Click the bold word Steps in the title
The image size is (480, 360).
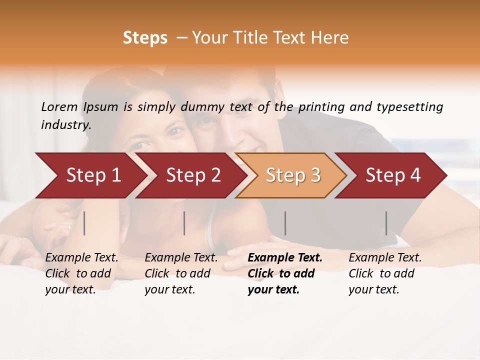pos(145,38)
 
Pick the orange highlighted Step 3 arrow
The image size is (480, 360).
pos(293,175)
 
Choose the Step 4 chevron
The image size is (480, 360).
pos(393,175)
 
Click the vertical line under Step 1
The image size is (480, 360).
pos(84,223)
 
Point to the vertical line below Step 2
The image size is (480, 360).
pos(184,223)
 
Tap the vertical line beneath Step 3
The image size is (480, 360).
pos(285,223)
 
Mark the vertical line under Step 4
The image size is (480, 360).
pos(386,223)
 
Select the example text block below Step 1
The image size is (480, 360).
pos(81,273)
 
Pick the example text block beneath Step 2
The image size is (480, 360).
pos(181,273)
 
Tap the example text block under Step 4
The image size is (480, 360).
pos(385,273)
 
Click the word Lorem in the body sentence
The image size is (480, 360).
pos(59,107)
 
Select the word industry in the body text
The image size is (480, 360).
pos(65,124)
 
